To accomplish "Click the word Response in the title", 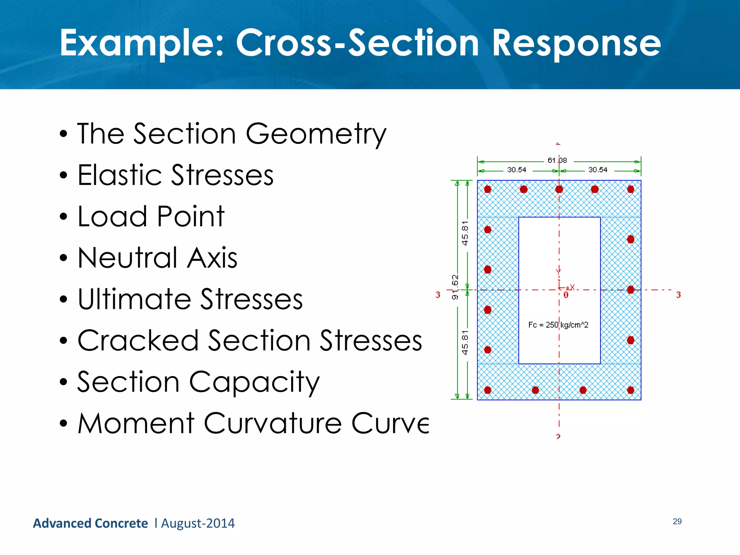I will (x=576, y=44).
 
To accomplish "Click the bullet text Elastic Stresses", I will (x=176, y=176).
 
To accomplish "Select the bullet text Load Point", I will (x=151, y=217).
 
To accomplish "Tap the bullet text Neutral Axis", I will (x=158, y=258).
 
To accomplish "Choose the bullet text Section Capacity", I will (x=198, y=382).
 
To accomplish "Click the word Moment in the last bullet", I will (x=136, y=423).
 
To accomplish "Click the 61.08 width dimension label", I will (x=557, y=160).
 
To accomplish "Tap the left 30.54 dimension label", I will (x=517, y=170).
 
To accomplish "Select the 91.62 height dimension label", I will (x=455, y=287).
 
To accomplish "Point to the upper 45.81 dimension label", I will (x=465, y=233).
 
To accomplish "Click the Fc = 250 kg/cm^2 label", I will (x=558, y=325).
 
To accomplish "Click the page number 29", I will (x=677, y=521).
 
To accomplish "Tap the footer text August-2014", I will (x=198, y=524).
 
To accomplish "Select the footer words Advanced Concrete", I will (x=90, y=524).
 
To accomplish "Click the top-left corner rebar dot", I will (x=488, y=189).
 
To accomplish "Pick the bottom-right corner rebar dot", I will (x=631, y=390).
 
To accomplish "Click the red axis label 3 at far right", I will (x=678, y=295).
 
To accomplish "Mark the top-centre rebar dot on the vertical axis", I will (x=559, y=189).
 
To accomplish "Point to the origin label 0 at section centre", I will (x=566, y=295).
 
